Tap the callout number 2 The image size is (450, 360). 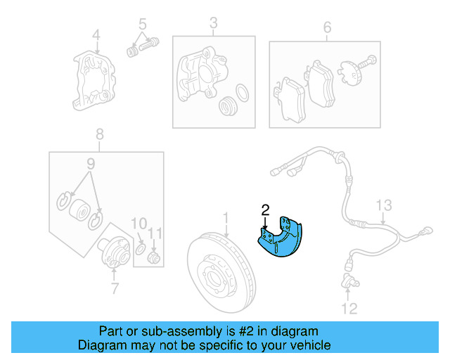tap(265, 209)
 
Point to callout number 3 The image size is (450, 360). tap(214, 26)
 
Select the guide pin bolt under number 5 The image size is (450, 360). tap(141, 46)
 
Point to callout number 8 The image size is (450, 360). tap(100, 134)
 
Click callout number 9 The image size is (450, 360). tap(90, 165)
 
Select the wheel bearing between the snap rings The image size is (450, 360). tap(79, 210)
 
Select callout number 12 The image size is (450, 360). tap(349, 308)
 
